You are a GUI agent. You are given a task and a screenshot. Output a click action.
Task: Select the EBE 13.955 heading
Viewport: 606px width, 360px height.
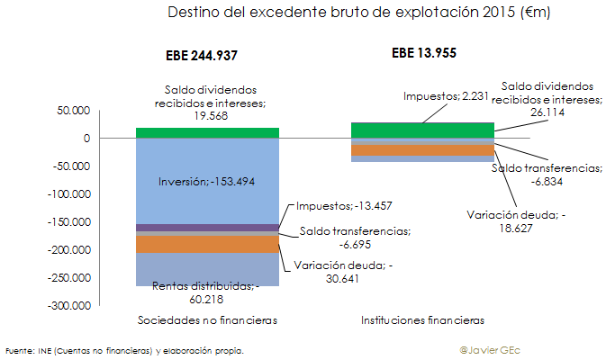[x=423, y=52]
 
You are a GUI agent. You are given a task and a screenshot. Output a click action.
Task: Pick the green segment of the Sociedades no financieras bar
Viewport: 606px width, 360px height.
[x=206, y=133]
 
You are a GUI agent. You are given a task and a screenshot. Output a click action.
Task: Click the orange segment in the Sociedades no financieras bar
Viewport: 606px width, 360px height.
[x=206, y=244]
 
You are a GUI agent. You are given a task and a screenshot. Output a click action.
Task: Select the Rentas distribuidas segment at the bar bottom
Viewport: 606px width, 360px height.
[x=206, y=270]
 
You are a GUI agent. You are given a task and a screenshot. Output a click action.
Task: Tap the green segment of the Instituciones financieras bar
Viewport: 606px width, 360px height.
[x=421, y=130]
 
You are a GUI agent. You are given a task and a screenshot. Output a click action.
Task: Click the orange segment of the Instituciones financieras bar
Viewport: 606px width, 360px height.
[x=421, y=150]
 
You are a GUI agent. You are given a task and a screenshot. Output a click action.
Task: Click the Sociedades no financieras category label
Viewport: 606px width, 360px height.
[x=206, y=320]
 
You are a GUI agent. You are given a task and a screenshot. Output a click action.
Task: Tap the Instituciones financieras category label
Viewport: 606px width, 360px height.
[x=422, y=320]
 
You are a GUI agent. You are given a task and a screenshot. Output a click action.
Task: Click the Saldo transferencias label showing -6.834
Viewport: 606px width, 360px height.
[x=546, y=175]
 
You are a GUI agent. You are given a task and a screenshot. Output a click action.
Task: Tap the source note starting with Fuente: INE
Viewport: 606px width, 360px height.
[x=124, y=350]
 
